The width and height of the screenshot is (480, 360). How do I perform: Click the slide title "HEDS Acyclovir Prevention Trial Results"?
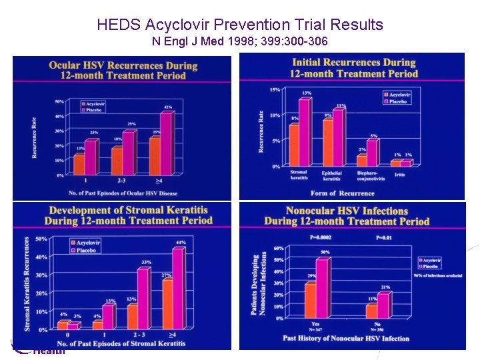point(240,25)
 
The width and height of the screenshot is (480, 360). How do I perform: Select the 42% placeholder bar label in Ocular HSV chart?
point(168,107)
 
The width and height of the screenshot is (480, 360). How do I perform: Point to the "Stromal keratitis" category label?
point(299,175)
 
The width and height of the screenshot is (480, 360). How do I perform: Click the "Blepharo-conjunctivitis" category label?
point(367,175)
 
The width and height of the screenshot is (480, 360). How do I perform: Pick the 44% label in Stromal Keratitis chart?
point(181,242)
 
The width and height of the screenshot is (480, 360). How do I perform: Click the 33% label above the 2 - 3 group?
point(147,262)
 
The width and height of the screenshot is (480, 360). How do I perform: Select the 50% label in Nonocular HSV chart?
point(325,252)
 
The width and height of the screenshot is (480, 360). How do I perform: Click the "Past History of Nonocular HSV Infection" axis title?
point(346,338)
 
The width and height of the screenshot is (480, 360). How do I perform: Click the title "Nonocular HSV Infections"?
point(347,211)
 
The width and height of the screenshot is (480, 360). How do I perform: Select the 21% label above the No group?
point(385,287)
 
